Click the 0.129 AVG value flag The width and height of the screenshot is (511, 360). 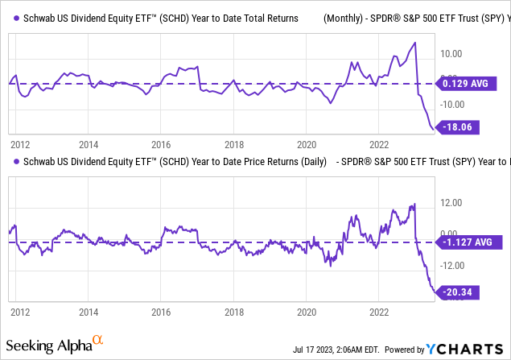click(x=466, y=83)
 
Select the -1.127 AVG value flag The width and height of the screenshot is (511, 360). click(x=466, y=241)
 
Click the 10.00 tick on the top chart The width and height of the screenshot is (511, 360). click(x=451, y=55)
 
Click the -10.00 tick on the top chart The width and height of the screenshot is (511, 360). click(x=451, y=105)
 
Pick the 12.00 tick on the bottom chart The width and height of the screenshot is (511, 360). click(x=451, y=203)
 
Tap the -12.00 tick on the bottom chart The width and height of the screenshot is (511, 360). click(x=451, y=265)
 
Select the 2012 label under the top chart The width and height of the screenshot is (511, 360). click(x=20, y=145)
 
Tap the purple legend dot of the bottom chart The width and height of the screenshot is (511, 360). click(x=13, y=162)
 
